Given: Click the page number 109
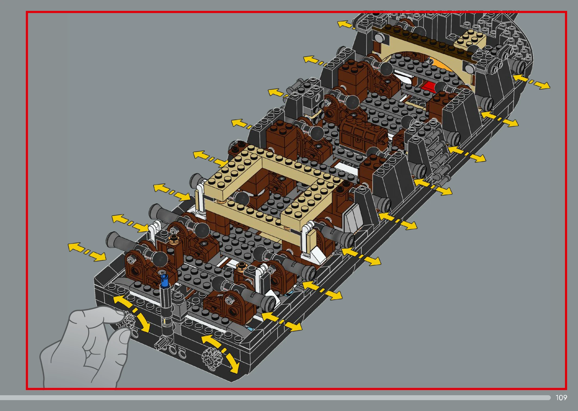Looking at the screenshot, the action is click(x=561, y=397).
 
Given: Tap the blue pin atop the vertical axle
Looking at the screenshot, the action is click(x=164, y=281).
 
